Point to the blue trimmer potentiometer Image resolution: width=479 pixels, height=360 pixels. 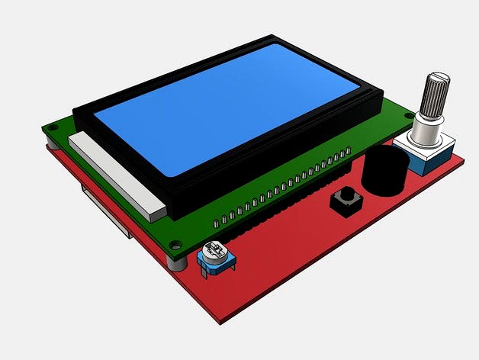pos(216,257)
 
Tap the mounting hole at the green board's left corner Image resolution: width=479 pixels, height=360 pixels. pos(53,127)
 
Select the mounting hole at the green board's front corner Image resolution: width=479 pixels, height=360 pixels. pos(176,245)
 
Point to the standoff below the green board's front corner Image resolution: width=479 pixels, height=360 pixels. pos(177,262)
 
